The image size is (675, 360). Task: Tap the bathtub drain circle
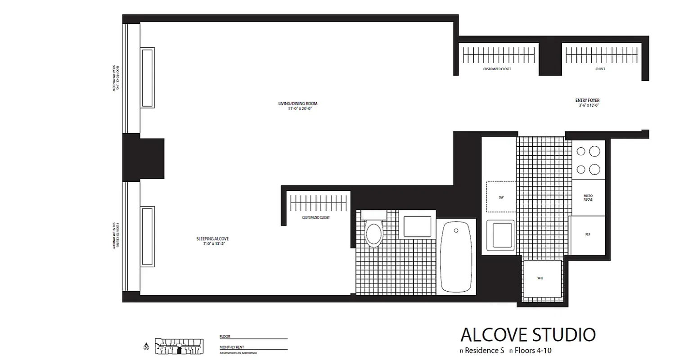(456, 230)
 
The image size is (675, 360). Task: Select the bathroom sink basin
(417, 226)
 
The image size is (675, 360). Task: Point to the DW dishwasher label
(501, 197)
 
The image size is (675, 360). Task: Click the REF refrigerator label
(588, 234)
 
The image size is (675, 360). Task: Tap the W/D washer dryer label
(540, 278)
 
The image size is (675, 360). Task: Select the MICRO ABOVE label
(588, 197)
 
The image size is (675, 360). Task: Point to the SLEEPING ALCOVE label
(209, 239)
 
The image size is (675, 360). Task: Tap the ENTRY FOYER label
(587, 100)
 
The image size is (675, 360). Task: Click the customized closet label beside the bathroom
(316, 217)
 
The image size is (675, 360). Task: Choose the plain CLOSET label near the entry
(600, 69)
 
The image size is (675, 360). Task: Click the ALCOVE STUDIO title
(528, 335)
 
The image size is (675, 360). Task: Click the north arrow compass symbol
(146, 347)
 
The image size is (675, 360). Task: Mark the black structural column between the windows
(143, 158)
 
